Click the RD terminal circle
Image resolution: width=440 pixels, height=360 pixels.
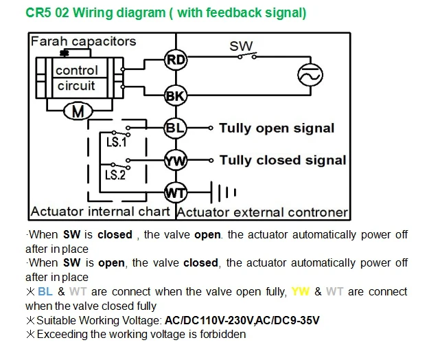(x=176, y=60)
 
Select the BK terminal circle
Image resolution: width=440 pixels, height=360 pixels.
(x=176, y=95)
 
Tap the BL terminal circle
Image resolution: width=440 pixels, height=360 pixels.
(x=176, y=128)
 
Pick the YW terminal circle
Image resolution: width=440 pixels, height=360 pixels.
(x=176, y=160)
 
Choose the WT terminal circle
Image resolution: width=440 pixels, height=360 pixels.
(x=176, y=192)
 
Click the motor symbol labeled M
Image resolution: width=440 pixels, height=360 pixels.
(x=78, y=111)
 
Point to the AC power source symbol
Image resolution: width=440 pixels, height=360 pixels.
(x=310, y=75)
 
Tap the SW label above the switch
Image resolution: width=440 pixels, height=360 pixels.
(x=241, y=46)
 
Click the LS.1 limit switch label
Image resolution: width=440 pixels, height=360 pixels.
(x=117, y=142)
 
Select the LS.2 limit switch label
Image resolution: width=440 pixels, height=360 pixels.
(x=115, y=175)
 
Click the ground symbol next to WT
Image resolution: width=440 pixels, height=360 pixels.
(x=223, y=192)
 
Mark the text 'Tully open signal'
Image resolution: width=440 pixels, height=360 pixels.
(x=277, y=128)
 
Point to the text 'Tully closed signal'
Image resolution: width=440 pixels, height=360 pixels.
(x=283, y=160)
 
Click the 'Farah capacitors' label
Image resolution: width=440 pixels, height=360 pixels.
(x=83, y=41)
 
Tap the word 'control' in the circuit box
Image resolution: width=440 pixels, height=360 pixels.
(x=77, y=70)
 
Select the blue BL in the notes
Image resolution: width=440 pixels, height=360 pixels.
(x=45, y=291)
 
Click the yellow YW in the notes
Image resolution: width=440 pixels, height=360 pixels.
(x=301, y=291)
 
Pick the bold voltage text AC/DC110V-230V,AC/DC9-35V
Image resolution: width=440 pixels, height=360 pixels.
(x=242, y=320)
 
